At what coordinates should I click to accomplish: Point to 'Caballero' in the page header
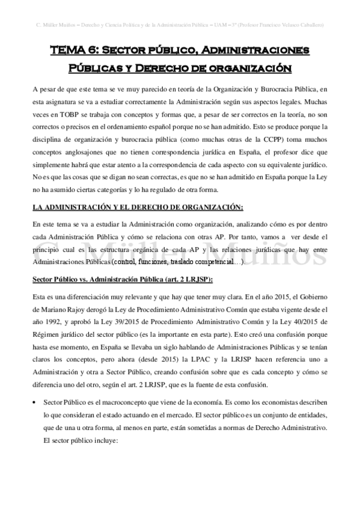(x=311, y=25)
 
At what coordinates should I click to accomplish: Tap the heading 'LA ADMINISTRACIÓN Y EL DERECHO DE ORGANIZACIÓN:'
(x=138, y=207)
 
